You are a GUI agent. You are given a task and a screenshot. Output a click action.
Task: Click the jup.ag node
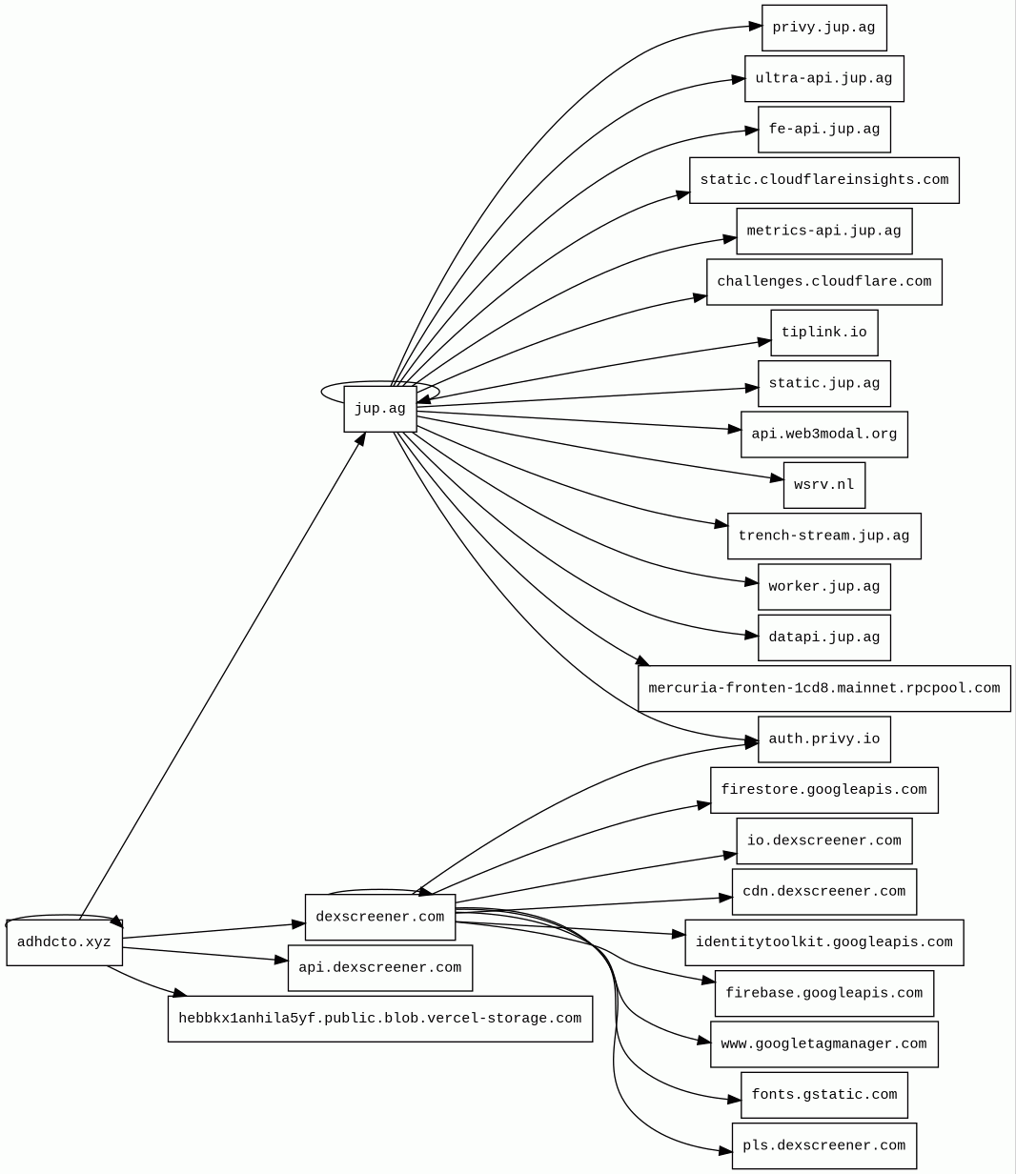pos(379,409)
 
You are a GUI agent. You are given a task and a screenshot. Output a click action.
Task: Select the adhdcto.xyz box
pos(64,942)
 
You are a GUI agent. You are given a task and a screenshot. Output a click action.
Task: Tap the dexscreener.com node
pos(379,917)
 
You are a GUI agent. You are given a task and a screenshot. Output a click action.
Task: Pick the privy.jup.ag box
pos(823,28)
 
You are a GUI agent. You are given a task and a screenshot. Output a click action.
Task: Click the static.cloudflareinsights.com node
pos(823,180)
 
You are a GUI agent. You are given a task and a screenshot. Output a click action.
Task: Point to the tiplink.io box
pos(823,333)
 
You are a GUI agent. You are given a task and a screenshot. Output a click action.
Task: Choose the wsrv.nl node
pos(823,485)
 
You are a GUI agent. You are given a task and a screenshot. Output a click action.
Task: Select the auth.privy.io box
pos(823,739)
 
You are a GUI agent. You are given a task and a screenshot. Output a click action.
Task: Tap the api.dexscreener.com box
pos(379,968)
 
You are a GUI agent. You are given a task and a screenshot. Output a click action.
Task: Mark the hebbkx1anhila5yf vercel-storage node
pos(379,1019)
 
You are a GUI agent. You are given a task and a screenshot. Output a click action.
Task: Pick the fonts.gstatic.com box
pos(823,1095)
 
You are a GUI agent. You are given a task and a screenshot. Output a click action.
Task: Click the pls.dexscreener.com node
pos(823,1145)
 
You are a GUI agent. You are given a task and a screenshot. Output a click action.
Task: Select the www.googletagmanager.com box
pos(823,1044)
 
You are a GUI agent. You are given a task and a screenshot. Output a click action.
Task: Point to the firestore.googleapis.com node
pos(823,790)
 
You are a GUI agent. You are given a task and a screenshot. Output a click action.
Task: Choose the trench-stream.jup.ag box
pos(823,536)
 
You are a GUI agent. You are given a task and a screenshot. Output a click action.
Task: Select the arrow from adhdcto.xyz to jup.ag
pos(221,677)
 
